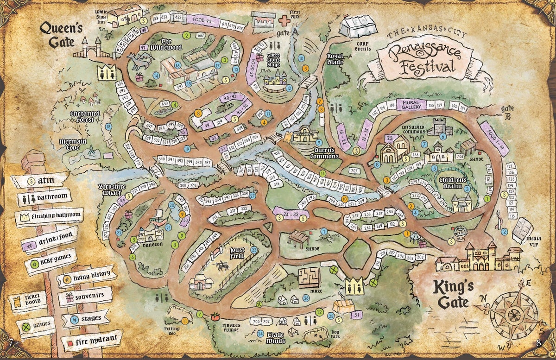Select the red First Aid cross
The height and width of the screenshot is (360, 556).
click(284, 20)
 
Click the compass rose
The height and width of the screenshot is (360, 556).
click(513, 315)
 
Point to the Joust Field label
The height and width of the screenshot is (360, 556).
click(238, 253)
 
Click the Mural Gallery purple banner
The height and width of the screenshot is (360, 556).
click(411, 105)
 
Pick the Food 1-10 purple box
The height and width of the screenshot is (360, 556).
click(494, 138)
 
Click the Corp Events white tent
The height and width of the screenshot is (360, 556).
click(356, 27)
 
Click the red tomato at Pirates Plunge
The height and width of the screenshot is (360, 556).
click(215, 317)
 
